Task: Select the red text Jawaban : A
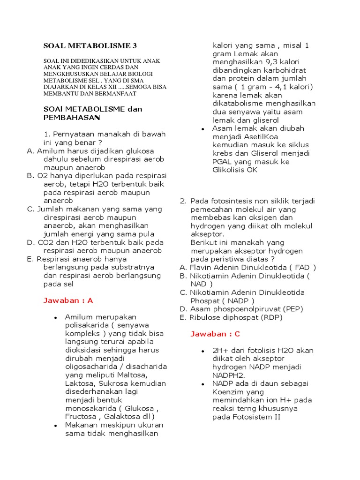pyautogui.click(x=68, y=300)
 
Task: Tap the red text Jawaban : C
pyautogui.click(x=215, y=334)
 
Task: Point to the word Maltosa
pyautogui.click(x=134, y=375)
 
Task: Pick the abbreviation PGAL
pyautogui.click(x=222, y=162)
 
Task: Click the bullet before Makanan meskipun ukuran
pyautogui.click(x=55, y=425)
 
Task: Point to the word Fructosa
pyautogui.click(x=81, y=416)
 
